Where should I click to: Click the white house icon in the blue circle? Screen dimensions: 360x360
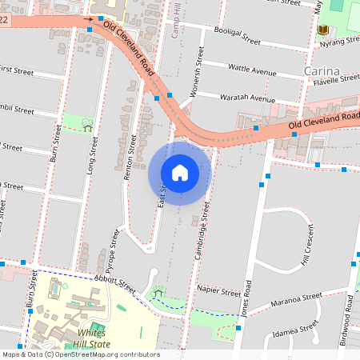point(180,173)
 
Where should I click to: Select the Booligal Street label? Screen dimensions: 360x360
point(234,35)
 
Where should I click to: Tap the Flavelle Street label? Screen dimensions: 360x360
point(336,79)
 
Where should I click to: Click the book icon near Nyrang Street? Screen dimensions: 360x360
point(322,30)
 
